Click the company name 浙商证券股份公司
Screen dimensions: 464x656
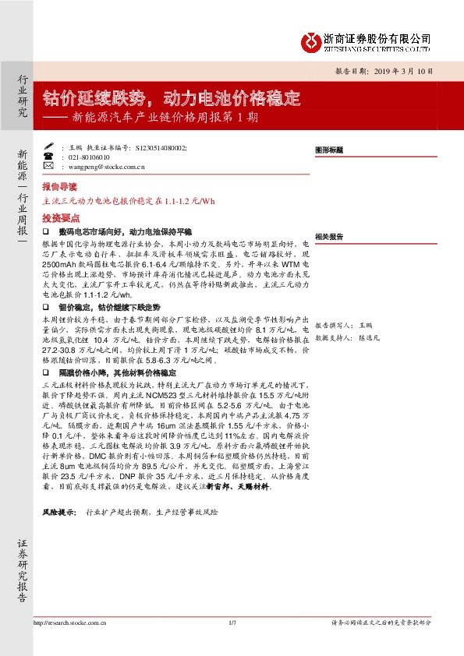coord(377,38)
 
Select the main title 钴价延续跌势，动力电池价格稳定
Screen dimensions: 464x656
coord(172,98)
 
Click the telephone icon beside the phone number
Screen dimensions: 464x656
coord(49,156)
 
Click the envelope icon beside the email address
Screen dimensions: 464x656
coord(49,166)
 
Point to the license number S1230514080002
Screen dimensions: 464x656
coord(161,146)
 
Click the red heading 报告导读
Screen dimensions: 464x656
coord(60,188)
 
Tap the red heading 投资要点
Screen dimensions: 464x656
coord(60,218)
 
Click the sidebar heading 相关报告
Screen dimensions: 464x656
coord(328,236)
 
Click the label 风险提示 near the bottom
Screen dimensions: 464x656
coord(59,513)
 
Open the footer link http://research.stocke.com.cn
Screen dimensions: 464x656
coord(71,622)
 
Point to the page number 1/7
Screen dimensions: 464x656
coord(232,622)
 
